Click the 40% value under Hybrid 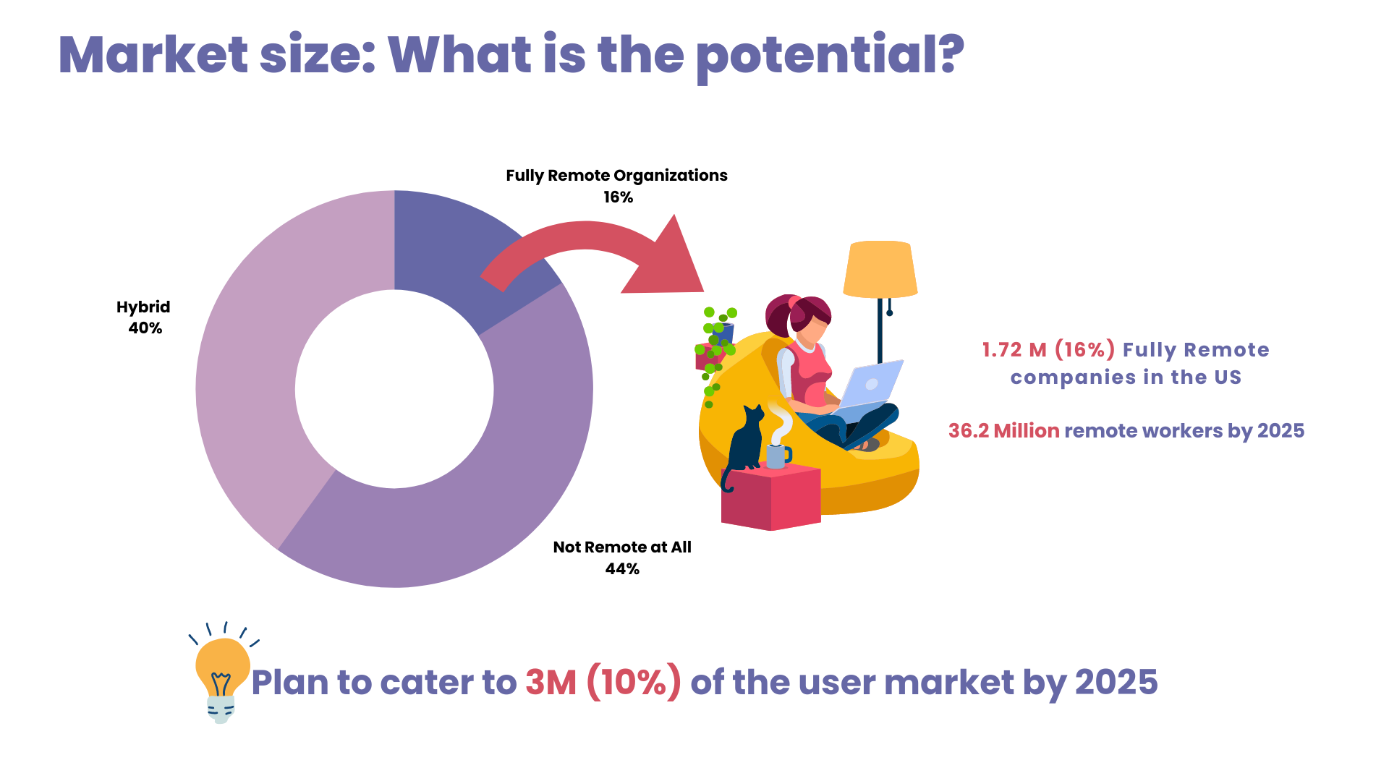145,328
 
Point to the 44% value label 622,569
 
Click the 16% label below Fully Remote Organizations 619,197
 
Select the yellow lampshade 880,269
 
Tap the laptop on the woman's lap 868,387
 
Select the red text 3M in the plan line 551,682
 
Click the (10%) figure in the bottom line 634,682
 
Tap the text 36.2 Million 1004,431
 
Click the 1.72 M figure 1014,350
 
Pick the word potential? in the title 830,56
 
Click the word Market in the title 153,55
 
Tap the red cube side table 771,498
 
